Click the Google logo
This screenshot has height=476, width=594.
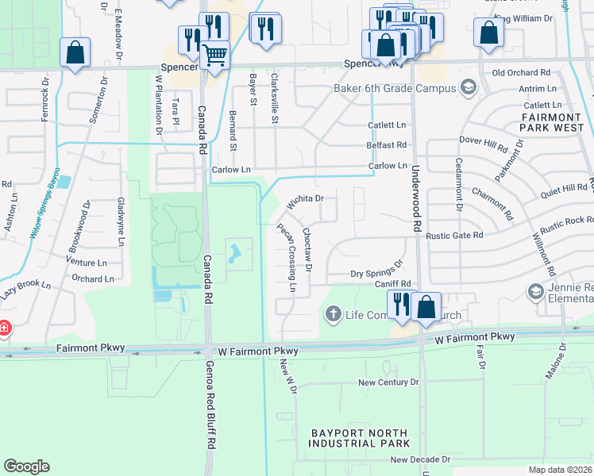pos(27,466)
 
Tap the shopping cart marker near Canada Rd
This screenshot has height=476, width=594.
pos(214,55)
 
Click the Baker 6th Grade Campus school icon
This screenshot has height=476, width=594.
pos(469,87)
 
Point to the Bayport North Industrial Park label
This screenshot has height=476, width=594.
pos(361,438)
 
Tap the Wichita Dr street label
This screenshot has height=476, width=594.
pos(305,201)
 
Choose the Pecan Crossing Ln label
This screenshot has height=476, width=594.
pos(286,258)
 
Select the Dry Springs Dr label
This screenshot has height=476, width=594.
pos(377,271)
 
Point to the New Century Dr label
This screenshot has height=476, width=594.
pos(388,382)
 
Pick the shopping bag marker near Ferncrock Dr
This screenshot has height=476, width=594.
pos(75,53)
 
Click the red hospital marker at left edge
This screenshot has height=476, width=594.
pos(3,328)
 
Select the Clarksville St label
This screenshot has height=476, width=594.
pos(275,98)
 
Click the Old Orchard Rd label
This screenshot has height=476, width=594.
pos(522,72)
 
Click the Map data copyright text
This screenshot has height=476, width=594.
pos(561,469)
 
